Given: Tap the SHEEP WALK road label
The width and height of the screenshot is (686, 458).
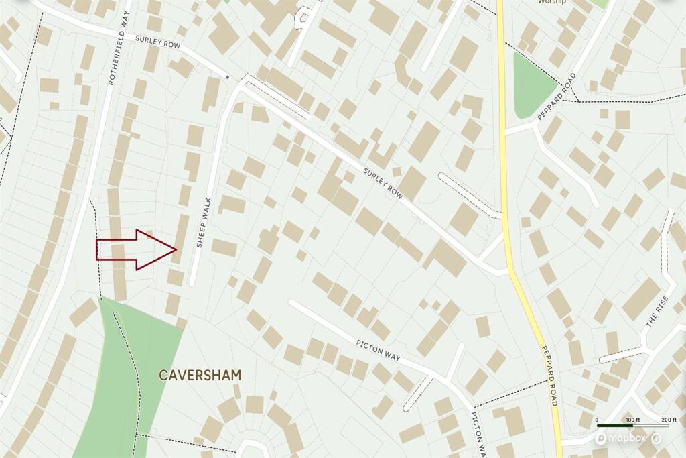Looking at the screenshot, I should pyautogui.click(x=203, y=223).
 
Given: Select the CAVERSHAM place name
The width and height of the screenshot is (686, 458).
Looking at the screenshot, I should pyautogui.click(x=200, y=374).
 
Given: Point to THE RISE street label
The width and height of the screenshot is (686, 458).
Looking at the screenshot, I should pyautogui.click(x=657, y=312).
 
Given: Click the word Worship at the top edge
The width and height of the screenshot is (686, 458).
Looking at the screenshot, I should pyautogui.click(x=551, y=2).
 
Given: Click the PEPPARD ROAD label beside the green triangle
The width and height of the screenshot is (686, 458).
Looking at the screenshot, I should pyautogui.click(x=557, y=97).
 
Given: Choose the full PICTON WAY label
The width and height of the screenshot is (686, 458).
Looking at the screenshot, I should pyautogui.click(x=378, y=349).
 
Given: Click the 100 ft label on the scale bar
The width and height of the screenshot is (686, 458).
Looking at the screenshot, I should pyautogui.click(x=632, y=420).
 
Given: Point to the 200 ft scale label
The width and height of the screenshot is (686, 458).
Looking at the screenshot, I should pyautogui.click(x=669, y=420).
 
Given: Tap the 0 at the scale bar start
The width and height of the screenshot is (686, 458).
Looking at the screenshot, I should pyautogui.click(x=597, y=420).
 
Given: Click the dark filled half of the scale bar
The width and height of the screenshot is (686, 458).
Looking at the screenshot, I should pyautogui.click(x=614, y=426).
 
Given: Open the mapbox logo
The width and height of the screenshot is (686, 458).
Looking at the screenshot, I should pyautogui.click(x=621, y=438).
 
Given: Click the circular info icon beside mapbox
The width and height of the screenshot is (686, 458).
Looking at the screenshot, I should pyautogui.click(x=657, y=438).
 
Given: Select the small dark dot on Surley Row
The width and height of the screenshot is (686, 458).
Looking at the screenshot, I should pyautogui.click(x=228, y=77).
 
